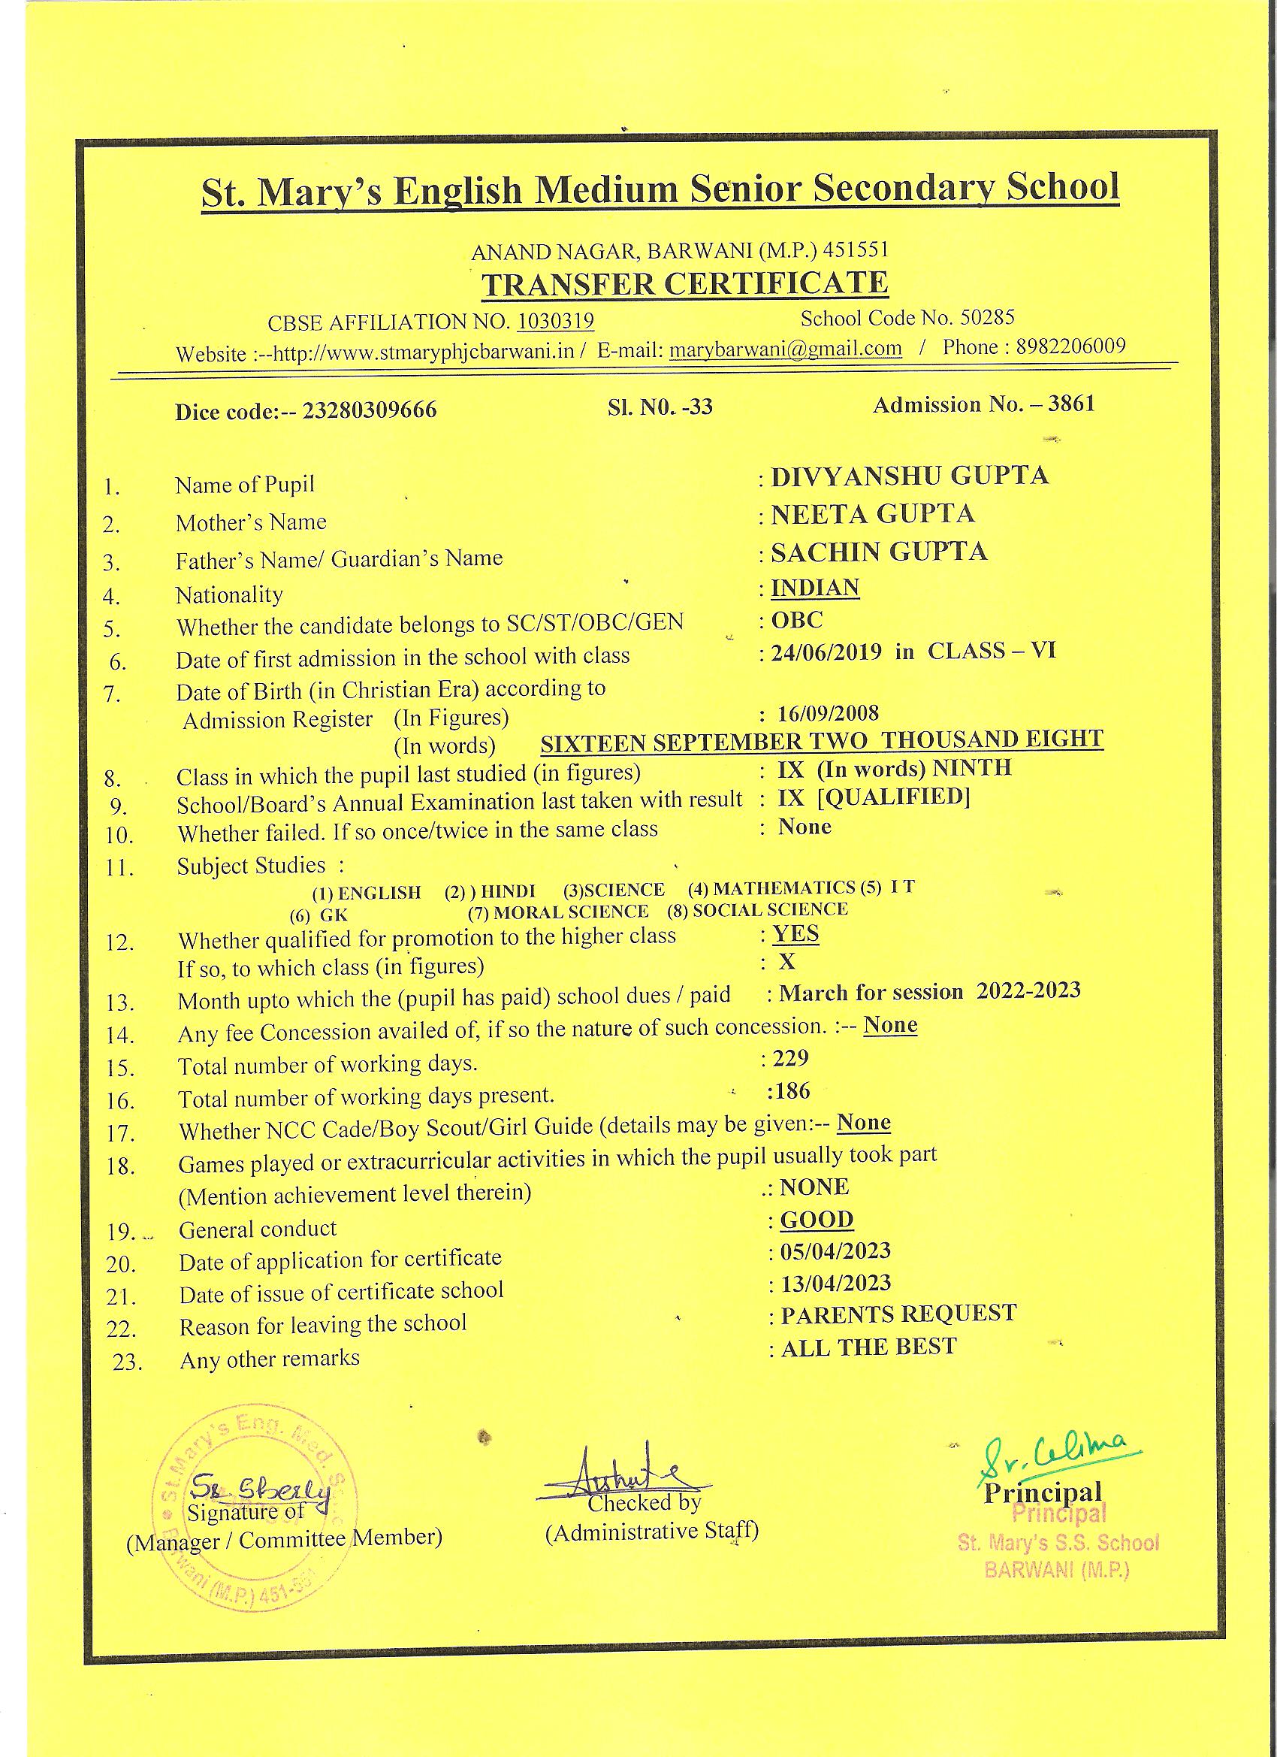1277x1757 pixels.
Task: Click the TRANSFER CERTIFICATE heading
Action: pyautogui.click(x=684, y=283)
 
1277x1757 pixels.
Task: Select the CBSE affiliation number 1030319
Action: pyautogui.click(x=555, y=321)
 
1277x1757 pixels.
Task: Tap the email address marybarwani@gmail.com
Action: pyautogui.click(x=785, y=349)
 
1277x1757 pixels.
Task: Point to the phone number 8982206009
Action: pyautogui.click(x=1070, y=346)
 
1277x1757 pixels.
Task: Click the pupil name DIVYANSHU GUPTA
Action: pyautogui.click(x=909, y=476)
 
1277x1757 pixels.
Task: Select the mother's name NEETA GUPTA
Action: pyautogui.click(x=872, y=513)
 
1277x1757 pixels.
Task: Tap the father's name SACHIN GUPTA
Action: pyautogui.click(x=879, y=552)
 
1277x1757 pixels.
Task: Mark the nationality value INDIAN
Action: pyautogui.click(x=815, y=587)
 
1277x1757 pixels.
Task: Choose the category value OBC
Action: pyautogui.click(x=797, y=620)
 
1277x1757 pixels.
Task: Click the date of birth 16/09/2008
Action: pyautogui.click(x=829, y=712)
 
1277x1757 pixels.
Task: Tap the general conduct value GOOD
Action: pyautogui.click(x=817, y=1220)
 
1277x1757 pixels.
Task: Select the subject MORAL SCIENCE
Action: pyautogui.click(x=570, y=912)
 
